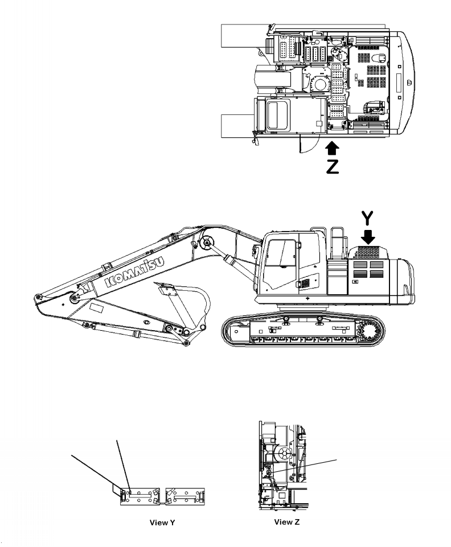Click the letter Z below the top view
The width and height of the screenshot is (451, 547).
[333, 166]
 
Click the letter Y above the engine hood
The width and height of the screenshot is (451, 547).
[367, 218]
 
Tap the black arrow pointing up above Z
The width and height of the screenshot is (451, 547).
[332, 147]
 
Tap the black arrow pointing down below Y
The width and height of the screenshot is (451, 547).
[367, 237]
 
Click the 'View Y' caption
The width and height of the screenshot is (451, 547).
[162, 523]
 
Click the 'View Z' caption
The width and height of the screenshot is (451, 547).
[286, 522]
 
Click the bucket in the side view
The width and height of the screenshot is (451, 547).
[185, 307]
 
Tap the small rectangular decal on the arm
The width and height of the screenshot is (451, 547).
[96, 308]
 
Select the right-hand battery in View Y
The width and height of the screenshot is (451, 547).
[185, 496]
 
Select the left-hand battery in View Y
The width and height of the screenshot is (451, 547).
[140, 496]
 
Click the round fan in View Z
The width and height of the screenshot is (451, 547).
[284, 454]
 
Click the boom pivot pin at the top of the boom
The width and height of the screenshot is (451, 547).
[207, 242]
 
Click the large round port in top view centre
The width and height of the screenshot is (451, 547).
[320, 84]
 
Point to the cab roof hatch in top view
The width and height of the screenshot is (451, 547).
[277, 114]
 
